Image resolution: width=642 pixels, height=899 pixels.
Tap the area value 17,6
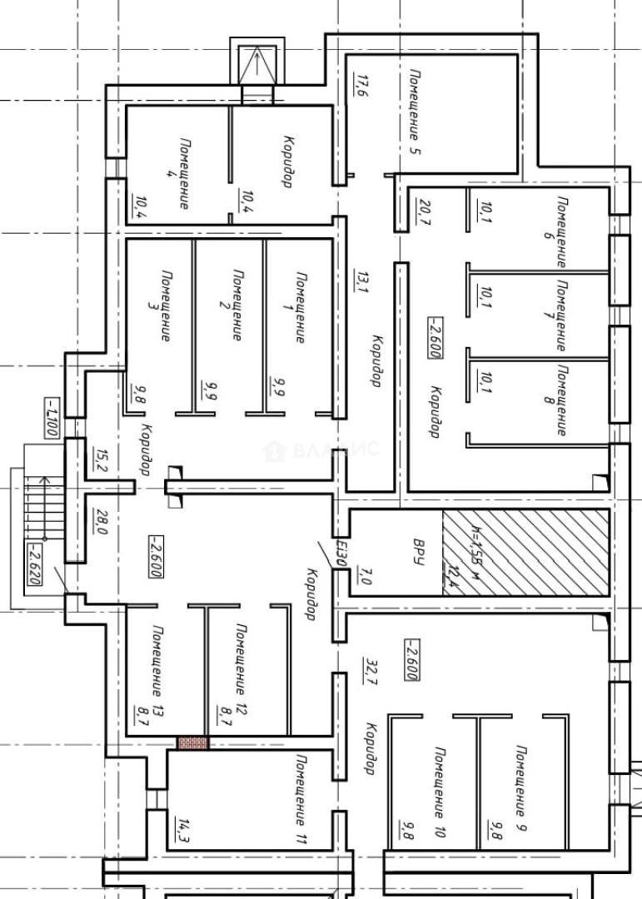click(x=361, y=87)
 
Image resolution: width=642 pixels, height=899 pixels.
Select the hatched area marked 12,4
click(x=525, y=551)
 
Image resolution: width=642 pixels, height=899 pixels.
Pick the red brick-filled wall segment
click(x=192, y=743)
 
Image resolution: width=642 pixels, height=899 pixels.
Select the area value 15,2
click(x=102, y=461)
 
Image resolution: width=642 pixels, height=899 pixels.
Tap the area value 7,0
click(x=364, y=576)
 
